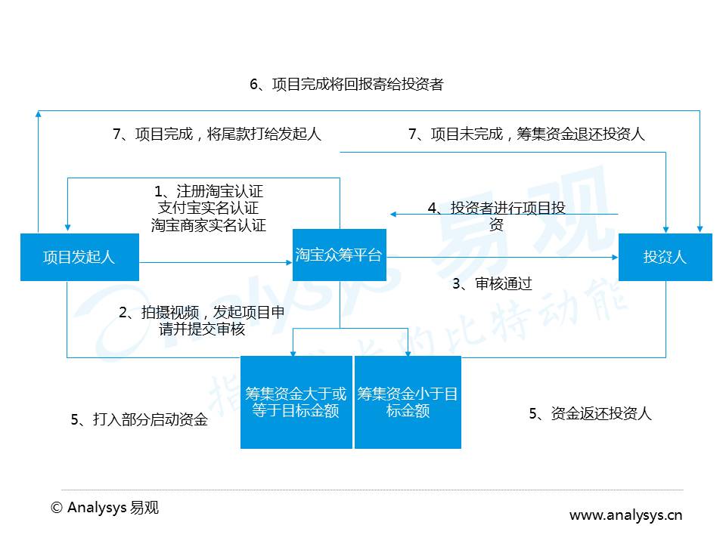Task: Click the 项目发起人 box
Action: (79, 257)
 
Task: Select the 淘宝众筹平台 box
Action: (340, 255)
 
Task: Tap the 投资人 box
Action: (665, 257)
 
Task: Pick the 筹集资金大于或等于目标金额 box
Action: (296, 402)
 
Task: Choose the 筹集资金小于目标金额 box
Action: (408, 402)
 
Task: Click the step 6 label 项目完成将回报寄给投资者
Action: (347, 84)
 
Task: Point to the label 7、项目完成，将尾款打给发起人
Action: (217, 134)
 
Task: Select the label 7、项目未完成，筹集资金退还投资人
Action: (526, 134)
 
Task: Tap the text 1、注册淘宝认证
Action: (209, 191)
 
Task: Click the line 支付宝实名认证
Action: (209, 208)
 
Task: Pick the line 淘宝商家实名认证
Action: (209, 225)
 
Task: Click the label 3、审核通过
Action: (492, 283)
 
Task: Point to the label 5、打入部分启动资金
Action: (139, 419)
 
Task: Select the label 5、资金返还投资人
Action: (591, 413)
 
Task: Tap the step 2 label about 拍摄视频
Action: (201, 320)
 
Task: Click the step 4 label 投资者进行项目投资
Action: (496, 217)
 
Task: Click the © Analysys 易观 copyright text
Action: (104, 508)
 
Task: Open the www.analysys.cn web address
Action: (626, 515)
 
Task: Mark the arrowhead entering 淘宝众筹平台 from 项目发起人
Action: (290, 263)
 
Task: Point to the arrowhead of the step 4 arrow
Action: (393, 214)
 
